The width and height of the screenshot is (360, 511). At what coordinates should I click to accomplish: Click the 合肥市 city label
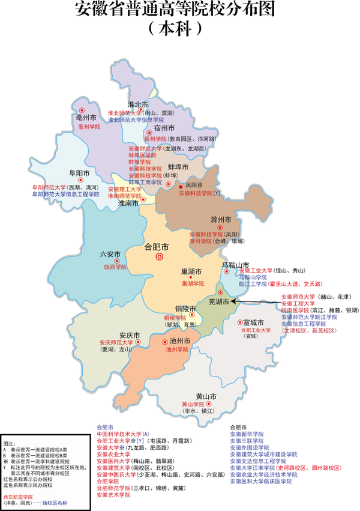[x=157, y=246]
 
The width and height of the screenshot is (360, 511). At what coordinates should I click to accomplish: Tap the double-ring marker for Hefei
[x=160, y=257]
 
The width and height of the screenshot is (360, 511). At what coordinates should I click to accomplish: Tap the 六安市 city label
[x=110, y=254]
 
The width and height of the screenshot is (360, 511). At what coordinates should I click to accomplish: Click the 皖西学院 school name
[x=115, y=267]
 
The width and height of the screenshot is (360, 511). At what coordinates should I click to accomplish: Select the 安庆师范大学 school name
[x=115, y=342]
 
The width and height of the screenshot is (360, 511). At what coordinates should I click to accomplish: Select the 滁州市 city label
[x=221, y=219]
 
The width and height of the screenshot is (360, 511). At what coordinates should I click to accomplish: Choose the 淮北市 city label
[x=137, y=104]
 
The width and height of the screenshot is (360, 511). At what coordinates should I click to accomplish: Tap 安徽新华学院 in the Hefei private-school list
[x=247, y=434]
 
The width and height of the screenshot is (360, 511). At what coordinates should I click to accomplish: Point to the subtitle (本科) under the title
[x=179, y=27]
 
